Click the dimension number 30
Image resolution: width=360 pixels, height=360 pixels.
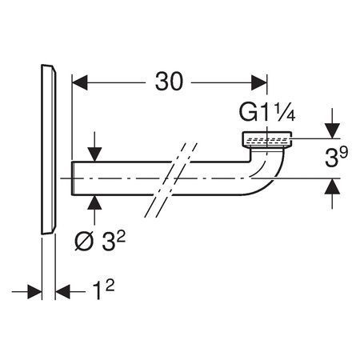click(169, 82)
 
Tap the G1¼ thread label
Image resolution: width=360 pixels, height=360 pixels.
click(267, 112)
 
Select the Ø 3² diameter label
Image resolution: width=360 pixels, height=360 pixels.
click(100, 241)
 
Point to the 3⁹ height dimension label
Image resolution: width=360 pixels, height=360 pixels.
click(337, 158)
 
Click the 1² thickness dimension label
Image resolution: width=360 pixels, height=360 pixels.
click(103, 290)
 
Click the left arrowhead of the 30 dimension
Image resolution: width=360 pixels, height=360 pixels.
click(80, 82)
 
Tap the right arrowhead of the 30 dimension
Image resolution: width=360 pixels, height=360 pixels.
click(259, 82)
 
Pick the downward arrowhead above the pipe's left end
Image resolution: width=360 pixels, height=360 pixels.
click(94, 154)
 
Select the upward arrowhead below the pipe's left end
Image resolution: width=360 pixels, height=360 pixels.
click(94, 202)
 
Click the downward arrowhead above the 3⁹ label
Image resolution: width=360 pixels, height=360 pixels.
click(332, 131)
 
